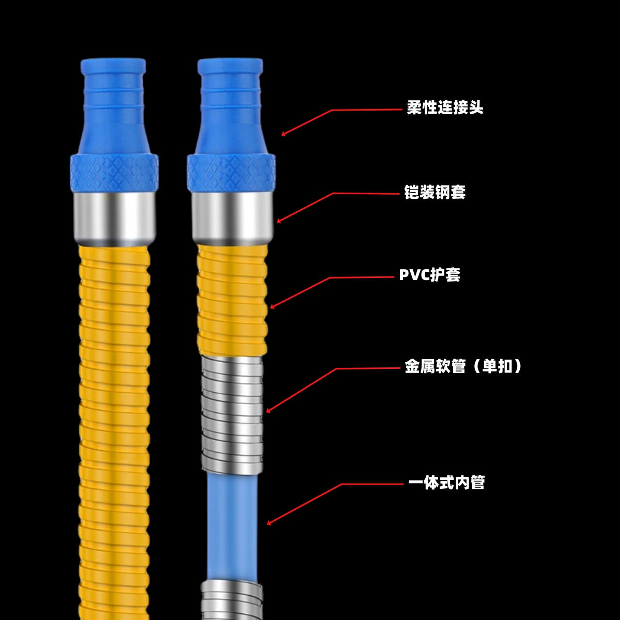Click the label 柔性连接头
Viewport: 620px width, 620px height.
pos(445,108)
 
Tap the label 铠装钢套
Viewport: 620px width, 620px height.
pos(435,192)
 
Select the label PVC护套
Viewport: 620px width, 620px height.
pos(429,275)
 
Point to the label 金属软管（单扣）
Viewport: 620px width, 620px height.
pos(463,366)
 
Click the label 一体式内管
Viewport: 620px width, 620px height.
pos(446,483)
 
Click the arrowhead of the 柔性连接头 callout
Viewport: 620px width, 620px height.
pos(283,135)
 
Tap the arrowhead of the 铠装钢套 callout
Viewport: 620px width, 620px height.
pos(278,222)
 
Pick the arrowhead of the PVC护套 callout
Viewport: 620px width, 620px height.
pos(271,307)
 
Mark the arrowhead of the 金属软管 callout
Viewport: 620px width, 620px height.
pos(268,411)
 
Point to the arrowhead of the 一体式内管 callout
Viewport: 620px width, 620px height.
pos(268,524)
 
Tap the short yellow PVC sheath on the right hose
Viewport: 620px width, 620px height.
pos(232,300)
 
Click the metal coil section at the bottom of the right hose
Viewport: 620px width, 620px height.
pos(232,599)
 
